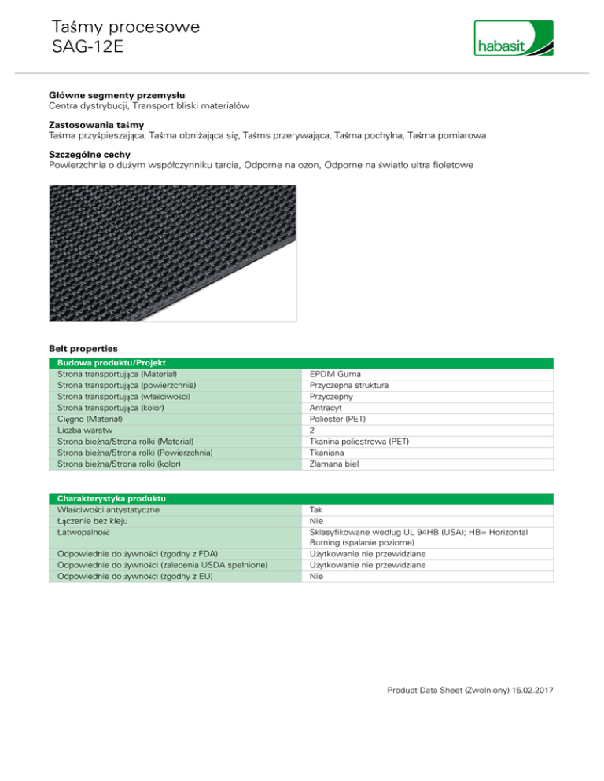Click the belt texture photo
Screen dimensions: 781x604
[x=172, y=253]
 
